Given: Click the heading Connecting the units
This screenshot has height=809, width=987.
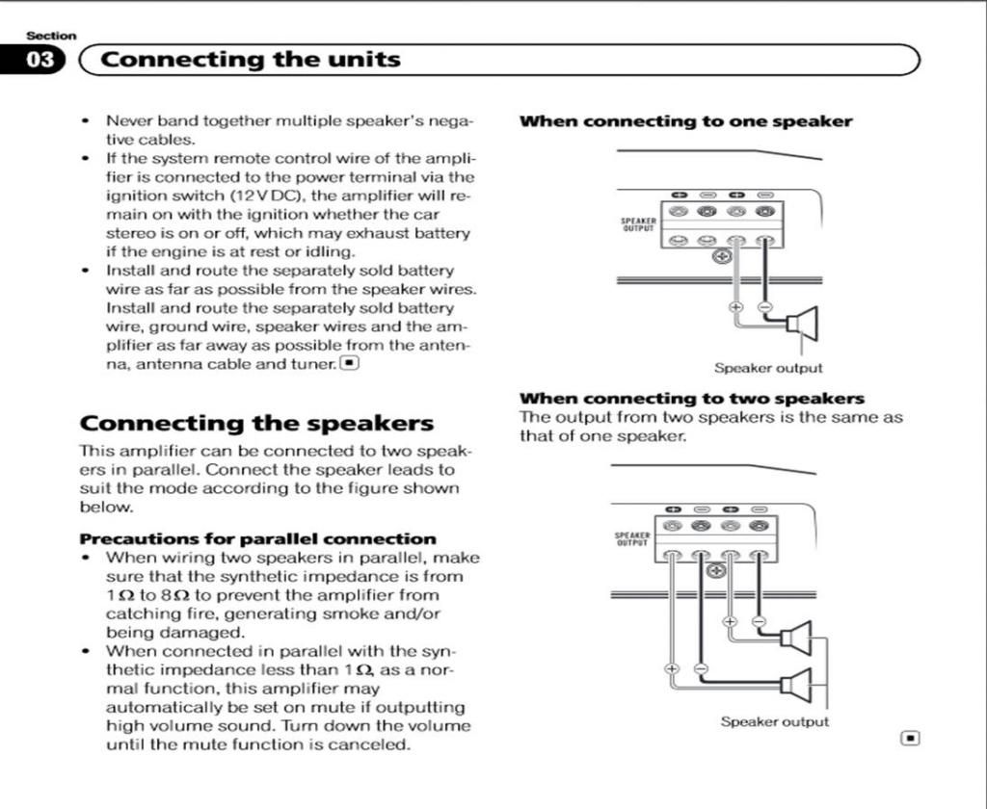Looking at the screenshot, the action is [x=251, y=60].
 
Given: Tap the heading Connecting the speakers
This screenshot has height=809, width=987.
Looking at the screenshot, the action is [x=256, y=423].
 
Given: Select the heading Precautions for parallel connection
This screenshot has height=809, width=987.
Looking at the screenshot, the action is [x=258, y=539].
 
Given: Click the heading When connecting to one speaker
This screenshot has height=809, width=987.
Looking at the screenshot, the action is [x=685, y=121].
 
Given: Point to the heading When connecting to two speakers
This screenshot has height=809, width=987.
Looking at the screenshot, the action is [x=692, y=399].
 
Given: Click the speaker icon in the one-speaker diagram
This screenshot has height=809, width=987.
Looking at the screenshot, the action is [x=803, y=324].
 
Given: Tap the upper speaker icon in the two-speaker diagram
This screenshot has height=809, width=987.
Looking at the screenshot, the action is [x=796, y=638].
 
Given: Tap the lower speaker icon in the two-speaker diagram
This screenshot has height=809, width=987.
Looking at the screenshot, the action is [x=796, y=684].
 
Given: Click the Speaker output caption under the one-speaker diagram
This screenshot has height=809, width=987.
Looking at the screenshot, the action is [x=768, y=368].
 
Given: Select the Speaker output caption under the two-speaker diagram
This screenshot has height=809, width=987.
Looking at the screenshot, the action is [x=774, y=721].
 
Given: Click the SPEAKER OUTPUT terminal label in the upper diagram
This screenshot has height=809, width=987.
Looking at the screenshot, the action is [x=638, y=224].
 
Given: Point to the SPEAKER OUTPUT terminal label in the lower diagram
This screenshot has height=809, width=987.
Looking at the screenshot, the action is [x=632, y=539].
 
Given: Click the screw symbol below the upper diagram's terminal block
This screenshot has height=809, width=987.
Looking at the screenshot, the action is [x=721, y=256].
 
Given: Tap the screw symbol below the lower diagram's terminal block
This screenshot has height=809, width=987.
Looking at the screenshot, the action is [x=716, y=571].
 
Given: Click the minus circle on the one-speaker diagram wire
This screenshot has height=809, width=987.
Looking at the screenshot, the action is [x=764, y=307].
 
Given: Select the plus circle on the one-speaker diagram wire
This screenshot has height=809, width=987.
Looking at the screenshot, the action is [x=735, y=307].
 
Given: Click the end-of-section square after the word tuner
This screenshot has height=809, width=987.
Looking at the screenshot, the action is [x=349, y=363].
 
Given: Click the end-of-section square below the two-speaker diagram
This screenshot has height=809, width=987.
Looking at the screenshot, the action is [x=910, y=738].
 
